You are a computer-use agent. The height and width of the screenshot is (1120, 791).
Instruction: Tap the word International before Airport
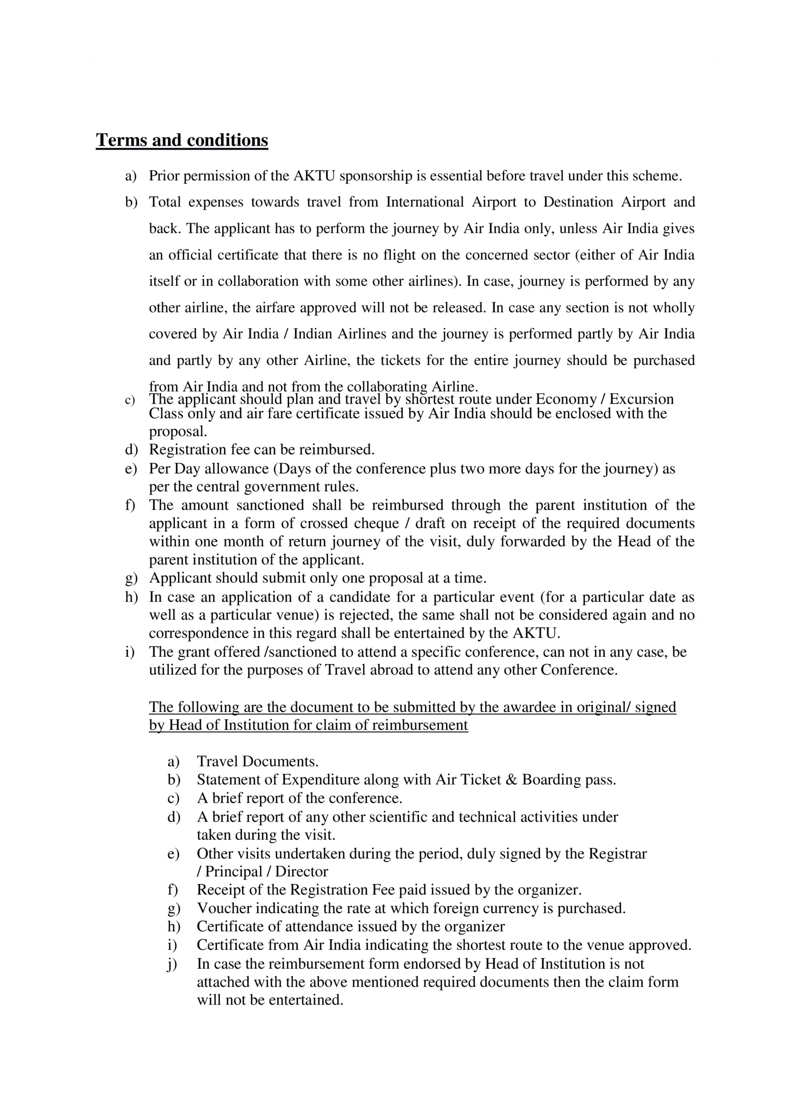(x=424, y=202)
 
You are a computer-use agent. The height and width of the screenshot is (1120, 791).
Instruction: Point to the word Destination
(x=578, y=202)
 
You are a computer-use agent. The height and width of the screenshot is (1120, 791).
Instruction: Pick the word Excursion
(x=641, y=399)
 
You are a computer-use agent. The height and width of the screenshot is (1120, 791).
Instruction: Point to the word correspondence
(x=196, y=633)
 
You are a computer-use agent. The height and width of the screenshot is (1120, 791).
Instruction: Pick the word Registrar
(x=617, y=854)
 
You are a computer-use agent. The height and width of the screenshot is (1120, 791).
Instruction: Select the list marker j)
(x=173, y=964)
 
